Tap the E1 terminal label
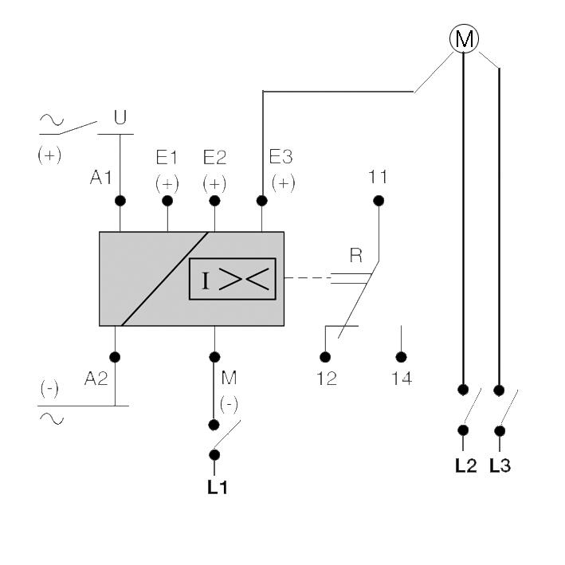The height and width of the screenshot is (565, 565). point(167,156)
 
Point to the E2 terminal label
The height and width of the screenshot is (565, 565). point(214,156)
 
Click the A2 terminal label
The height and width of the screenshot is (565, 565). point(96,380)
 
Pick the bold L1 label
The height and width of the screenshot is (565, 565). point(218,487)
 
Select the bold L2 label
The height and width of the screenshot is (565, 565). point(465,466)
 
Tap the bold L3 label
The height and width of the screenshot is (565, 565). point(500,466)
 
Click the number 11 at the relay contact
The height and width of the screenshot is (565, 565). point(378,173)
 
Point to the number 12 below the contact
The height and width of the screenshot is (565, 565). point(326,379)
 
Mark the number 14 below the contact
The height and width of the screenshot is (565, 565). point(402,379)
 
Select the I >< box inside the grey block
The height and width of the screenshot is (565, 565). point(232,279)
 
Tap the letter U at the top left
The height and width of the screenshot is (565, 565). point(120,119)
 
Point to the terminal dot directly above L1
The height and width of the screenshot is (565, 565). point(214,454)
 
